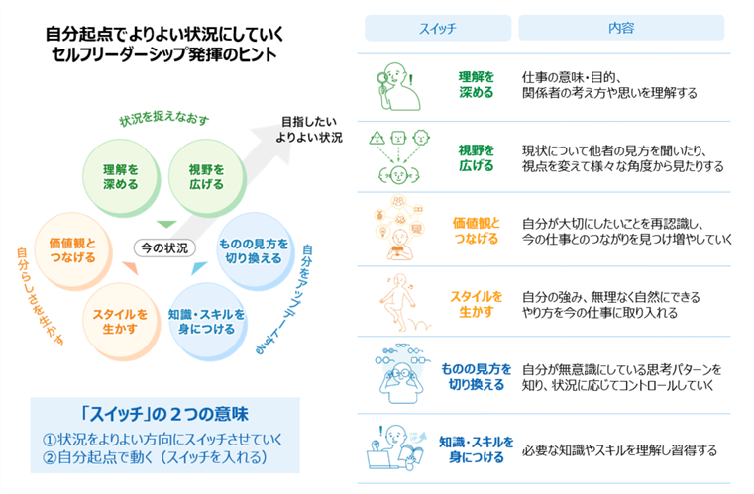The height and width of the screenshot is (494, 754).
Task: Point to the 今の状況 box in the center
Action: [163, 247]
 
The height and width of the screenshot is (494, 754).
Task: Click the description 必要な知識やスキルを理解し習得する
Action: [619, 450]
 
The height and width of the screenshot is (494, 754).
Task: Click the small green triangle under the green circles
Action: [164, 223]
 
